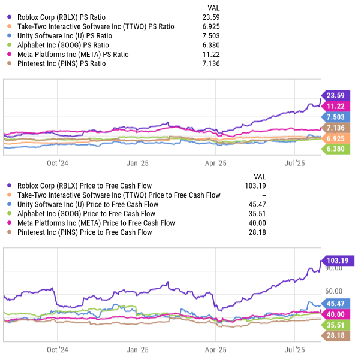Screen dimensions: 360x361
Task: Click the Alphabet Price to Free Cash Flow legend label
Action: point(86,214)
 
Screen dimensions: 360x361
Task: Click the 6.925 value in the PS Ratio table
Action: point(210,26)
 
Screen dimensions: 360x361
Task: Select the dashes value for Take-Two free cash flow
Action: point(264,195)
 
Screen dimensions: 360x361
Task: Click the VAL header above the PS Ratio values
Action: point(213,7)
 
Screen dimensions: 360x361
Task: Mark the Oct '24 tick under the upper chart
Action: point(58,162)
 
